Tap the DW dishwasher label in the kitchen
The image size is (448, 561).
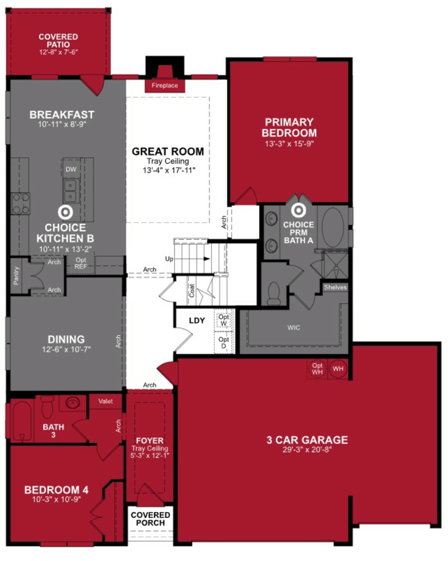[x=71, y=169]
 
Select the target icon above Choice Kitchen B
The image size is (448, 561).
[x=65, y=212]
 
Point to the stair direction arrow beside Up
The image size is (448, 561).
[x=207, y=259]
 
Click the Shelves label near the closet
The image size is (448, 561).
[x=335, y=287]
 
